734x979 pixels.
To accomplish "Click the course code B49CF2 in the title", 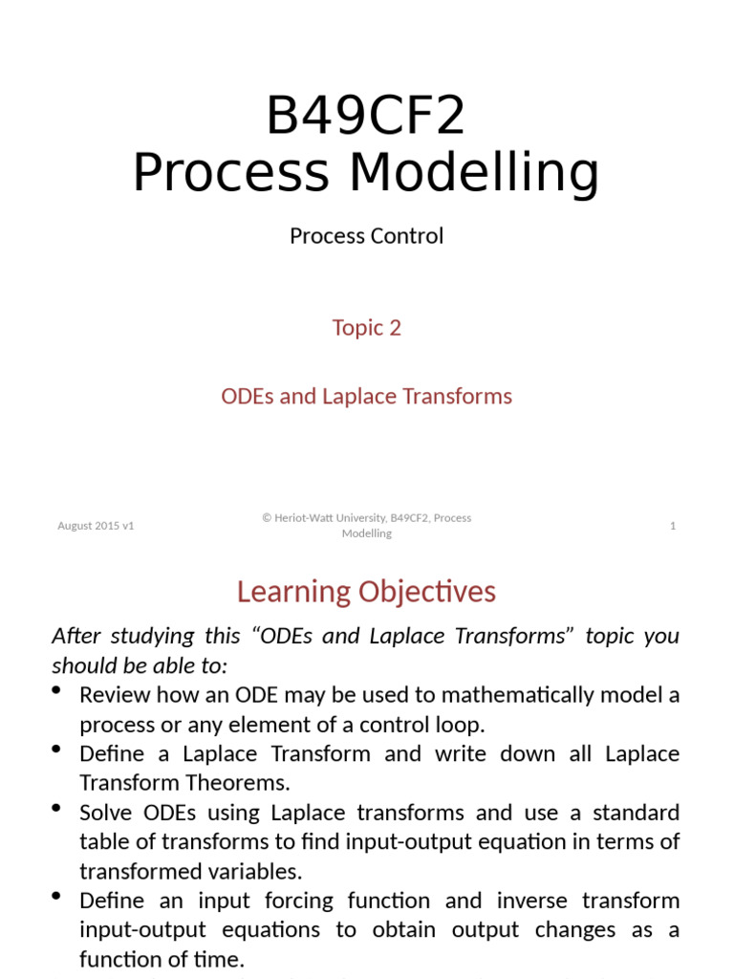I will (x=366, y=116).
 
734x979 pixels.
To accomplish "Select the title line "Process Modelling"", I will (x=366, y=174).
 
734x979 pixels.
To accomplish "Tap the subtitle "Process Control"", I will (x=366, y=236).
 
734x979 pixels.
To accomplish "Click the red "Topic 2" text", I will (x=366, y=328).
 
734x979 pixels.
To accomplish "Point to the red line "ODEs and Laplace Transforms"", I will (x=366, y=396).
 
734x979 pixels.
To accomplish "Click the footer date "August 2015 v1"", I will (x=96, y=526).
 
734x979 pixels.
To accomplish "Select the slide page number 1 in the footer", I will (x=673, y=526).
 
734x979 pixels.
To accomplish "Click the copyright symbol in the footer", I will (x=268, y=518).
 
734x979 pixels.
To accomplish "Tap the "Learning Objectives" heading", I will (x=366, y=592).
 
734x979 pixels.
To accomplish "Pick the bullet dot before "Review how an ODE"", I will (x=57, y=690).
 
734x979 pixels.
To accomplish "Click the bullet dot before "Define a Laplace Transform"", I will (x=57, y=749).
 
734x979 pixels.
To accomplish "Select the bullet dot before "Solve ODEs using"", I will (x=57, y=808).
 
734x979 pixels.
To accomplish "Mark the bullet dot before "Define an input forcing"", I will (x=57, y=896).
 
